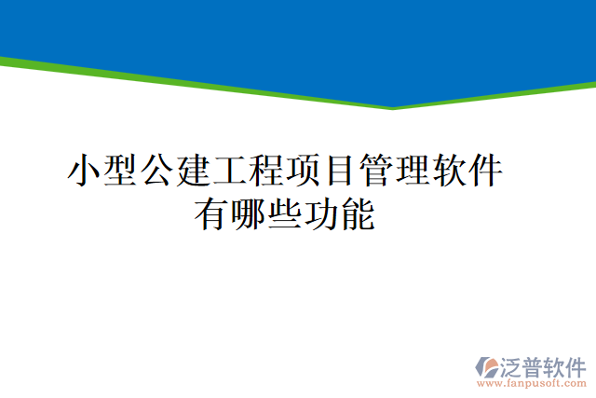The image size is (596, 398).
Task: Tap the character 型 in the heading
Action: click(121, 172)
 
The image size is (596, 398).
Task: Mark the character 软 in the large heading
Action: click(448, 172)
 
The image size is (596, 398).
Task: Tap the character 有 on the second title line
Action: click(211, 215)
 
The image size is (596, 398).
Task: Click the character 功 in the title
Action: click(320, 215)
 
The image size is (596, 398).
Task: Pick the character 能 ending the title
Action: click(357, 215)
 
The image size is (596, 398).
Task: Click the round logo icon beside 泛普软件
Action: click(487, 364)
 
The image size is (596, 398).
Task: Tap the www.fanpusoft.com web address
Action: click(530, 383)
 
